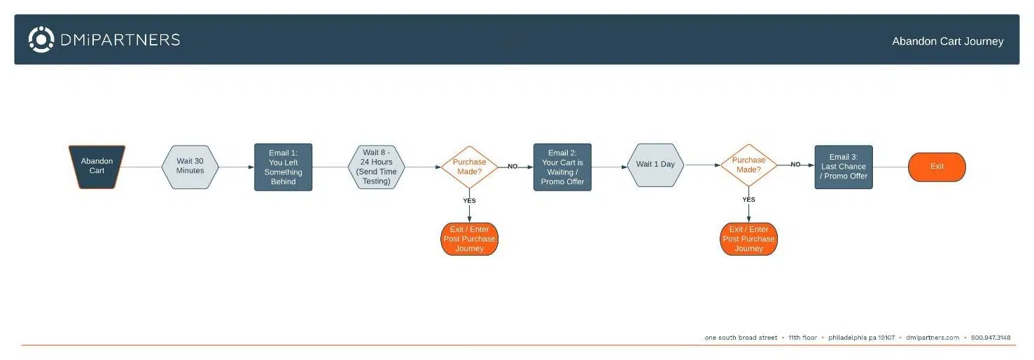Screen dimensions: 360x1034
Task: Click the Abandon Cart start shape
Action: (97, 166)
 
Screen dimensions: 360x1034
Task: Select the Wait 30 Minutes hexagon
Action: (190, 166)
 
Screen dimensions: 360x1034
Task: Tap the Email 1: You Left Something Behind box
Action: (283, 167)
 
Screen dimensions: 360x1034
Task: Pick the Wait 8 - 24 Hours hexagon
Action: (376, 167)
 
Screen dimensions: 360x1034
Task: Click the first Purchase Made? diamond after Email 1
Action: (469, 167)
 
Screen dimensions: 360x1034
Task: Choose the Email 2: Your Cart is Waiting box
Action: (562, 167)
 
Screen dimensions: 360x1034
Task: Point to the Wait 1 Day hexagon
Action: (655, 165)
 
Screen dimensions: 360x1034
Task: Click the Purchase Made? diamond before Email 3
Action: (748, 165)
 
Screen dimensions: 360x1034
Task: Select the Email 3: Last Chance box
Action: (844, 167)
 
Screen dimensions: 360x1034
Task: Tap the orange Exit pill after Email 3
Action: (937, 167)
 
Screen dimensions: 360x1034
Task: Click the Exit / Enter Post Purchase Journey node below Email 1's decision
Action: (469, 239)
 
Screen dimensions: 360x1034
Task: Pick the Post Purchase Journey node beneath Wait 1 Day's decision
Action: (748, 239)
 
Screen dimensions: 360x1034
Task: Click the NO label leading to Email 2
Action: (512, 167)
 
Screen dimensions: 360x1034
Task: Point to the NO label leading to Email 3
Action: (795, 165)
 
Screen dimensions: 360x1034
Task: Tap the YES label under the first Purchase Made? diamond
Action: (469, 201)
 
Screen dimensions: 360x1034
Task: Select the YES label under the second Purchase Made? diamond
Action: (748, 200)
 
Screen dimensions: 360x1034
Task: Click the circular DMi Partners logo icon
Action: (41, 39)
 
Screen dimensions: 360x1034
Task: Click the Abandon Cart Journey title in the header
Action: (947, 41)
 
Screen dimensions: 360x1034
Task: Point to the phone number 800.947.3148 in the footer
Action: (991, 338)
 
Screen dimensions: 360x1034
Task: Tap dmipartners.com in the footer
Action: (932, 338)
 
